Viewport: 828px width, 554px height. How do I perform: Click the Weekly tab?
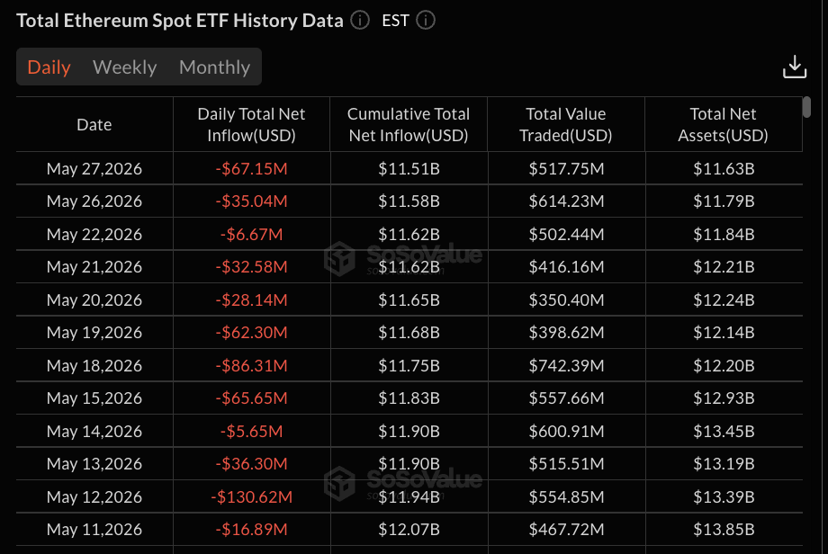(x=124, y=67)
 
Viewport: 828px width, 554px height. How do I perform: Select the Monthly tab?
(x=214, y=67)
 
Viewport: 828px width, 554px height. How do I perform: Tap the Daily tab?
(x=49, y=67)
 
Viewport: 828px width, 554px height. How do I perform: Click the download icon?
(x=794, y=67)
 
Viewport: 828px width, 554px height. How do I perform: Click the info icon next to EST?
(x=426, y=21)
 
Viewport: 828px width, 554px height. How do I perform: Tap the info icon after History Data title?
(x=360, y=21)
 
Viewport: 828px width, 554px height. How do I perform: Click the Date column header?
(x=94, y=124)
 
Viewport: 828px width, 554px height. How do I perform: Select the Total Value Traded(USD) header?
(x=565, y=124)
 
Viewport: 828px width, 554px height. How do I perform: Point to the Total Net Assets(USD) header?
(x=723, y=124)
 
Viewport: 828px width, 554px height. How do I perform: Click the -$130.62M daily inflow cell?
(x=251, y=497)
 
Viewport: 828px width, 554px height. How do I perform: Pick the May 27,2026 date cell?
(x=94, y=169)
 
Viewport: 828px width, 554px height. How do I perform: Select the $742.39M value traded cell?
(x=566, y=366)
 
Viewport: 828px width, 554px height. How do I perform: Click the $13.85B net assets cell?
(x=724, y=529)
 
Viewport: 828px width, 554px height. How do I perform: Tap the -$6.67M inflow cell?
(x=251, y=234)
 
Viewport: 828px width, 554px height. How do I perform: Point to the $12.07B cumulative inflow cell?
(x=409, y=529)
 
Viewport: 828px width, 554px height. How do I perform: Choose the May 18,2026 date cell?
(x=94, y=366)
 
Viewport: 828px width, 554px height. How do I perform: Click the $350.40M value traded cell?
(x=566, y=300)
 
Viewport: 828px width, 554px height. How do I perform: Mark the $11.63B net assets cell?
(x=724, y=169)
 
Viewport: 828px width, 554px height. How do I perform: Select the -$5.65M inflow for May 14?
(x=251, y=432)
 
